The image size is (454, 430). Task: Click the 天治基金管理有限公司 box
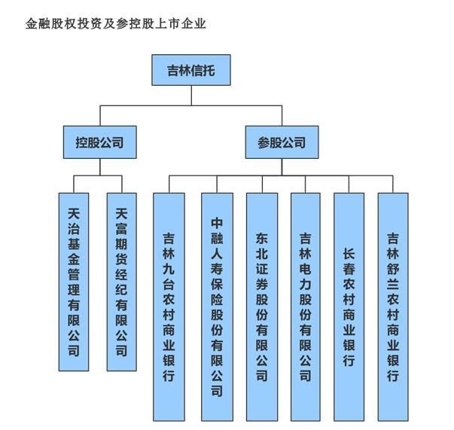74,282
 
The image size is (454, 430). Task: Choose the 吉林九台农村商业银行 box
169,306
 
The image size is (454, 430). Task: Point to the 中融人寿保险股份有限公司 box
217,306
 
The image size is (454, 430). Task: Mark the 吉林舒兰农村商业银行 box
392,306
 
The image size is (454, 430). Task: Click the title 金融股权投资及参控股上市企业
116,23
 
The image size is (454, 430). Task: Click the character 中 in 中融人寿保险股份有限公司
217,224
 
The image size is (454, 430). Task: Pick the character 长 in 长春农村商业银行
349,254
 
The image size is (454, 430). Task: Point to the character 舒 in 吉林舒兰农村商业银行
392,270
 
